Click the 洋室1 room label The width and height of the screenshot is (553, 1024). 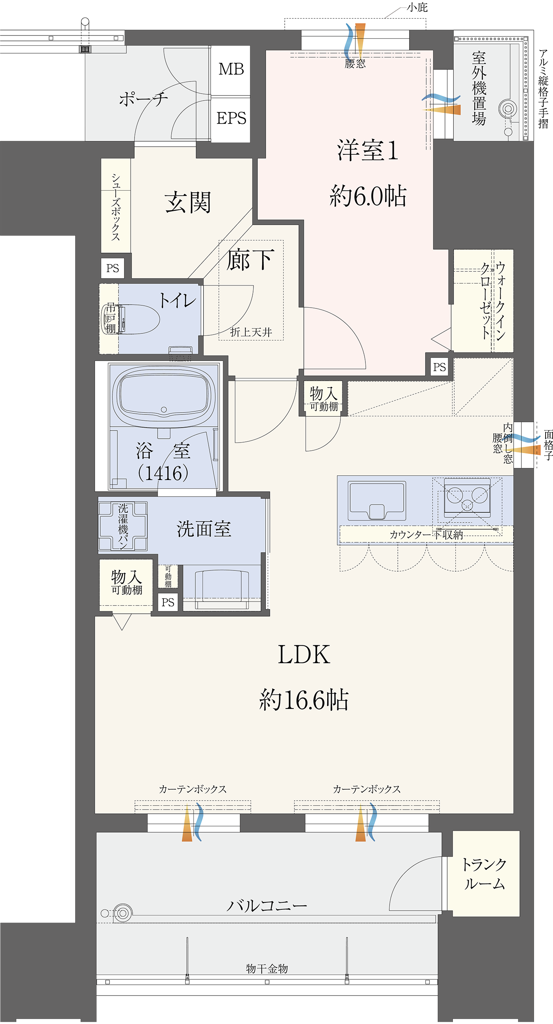pos(367,151)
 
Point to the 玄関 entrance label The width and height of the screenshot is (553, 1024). pos(187,202)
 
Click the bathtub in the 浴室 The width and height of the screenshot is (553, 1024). pos(164,394)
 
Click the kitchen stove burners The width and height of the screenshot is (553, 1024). pos(467,497)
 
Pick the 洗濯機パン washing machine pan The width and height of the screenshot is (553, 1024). pos(123,526)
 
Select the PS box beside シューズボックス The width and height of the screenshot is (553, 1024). pos(112,268)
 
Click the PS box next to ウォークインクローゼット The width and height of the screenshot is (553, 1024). pos(439,367)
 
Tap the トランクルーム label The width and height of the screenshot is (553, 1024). pos(484,874)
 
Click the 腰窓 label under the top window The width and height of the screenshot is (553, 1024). pos(354,64)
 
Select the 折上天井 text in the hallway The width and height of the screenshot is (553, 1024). pos(251,332)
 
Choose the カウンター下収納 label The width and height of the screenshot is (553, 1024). pos(426,535)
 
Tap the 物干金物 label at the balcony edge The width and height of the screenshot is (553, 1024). pos(267,969)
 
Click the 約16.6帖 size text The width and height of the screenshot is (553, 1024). pos(304,700)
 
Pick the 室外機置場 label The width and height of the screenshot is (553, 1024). pos(479,88)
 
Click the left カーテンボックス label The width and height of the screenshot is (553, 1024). pos(192,789)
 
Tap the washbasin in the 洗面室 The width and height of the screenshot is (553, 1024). pos(222,585)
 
